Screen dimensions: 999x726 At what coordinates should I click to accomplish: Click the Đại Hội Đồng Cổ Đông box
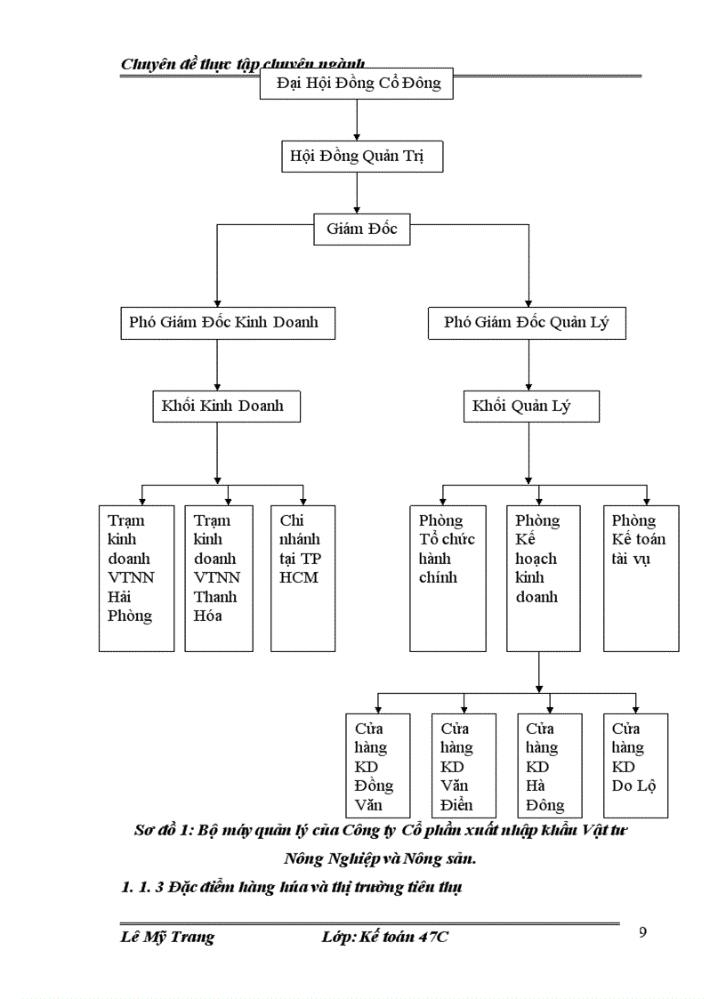356,85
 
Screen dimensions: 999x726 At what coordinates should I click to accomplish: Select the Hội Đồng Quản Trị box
357,157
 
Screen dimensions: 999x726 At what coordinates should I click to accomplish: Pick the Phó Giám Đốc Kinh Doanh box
227,322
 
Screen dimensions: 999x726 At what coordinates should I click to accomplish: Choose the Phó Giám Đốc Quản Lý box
527,322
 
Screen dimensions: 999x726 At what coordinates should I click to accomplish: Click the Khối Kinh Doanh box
224,406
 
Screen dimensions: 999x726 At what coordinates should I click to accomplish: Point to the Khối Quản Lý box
530,407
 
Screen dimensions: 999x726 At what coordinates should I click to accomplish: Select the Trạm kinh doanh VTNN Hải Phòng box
136,578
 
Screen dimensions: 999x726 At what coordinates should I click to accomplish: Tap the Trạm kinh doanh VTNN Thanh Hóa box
219,578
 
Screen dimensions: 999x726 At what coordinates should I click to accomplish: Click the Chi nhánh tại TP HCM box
303,578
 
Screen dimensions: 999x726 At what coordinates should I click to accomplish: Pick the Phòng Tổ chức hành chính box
448,578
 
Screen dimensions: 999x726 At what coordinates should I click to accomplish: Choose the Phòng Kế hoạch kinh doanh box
543,578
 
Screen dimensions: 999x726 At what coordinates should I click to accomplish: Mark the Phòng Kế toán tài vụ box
641,578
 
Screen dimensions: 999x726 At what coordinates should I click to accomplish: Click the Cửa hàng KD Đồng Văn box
377,765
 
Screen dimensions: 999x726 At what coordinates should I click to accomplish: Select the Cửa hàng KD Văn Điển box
463,765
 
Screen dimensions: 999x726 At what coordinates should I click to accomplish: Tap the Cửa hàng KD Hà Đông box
549,765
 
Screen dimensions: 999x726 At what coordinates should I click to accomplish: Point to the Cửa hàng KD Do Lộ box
635,765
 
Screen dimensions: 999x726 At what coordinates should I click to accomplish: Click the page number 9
643,932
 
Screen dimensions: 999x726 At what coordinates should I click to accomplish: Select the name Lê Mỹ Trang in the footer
167,937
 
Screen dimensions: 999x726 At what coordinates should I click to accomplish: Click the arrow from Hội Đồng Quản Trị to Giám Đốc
357,192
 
